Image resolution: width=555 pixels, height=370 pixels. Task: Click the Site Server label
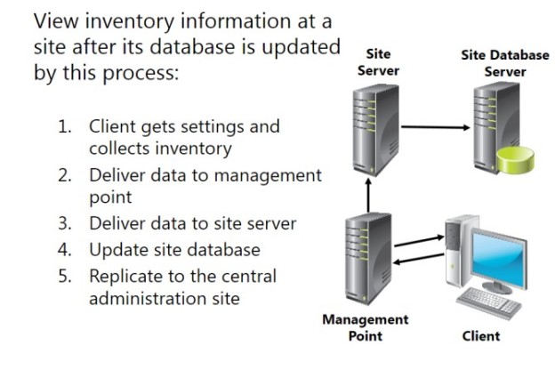click(x=378, y=63)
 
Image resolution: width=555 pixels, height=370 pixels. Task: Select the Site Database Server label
click(x=499, y=63)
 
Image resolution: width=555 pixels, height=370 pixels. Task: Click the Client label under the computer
click(x=481, y=335)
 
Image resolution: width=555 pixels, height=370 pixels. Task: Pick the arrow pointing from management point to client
click(x=422, y=238)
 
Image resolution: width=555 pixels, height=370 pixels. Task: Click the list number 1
click(x=65, y=126)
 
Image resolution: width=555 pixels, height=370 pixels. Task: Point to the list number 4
click(x=65, y=249)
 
